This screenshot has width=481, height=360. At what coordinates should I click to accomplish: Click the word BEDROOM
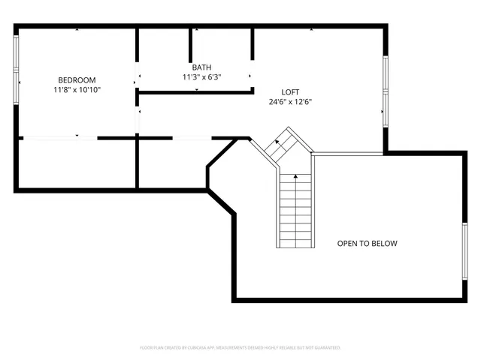click(77, 80)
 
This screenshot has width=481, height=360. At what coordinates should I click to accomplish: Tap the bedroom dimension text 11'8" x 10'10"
click(77, 89)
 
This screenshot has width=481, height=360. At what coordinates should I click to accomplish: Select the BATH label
click(201, 67)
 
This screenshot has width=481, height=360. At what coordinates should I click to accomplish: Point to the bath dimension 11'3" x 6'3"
click(201, 76)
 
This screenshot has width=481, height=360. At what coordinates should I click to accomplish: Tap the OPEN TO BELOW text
click(367, 244)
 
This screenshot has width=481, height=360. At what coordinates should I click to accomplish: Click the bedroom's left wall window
click(17, 72)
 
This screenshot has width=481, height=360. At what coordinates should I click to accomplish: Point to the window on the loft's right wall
click(386, 90)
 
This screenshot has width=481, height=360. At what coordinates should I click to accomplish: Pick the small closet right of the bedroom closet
click(171, 163)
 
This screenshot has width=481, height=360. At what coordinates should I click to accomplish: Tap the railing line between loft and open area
click(349, 154)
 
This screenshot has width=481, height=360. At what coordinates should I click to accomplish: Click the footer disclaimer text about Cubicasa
click(240, 348)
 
